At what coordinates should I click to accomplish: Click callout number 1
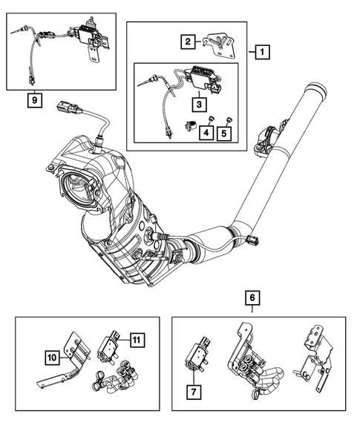coord(261,53)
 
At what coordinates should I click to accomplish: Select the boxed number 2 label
coord(189,42)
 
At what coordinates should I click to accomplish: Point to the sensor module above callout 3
coord(202,76)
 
